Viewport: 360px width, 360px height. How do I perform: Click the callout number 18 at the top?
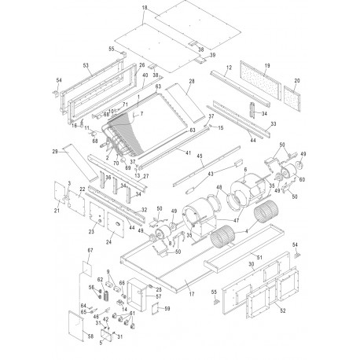(144, 7)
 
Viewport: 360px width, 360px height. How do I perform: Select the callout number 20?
(296, 81)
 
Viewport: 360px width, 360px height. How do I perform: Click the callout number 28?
(191, 81)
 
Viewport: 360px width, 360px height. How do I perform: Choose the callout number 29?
(54, 150)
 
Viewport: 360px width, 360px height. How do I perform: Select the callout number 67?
(90, 251)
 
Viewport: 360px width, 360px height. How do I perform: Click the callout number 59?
(166, 309)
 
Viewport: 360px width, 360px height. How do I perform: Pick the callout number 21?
(56, 211)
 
